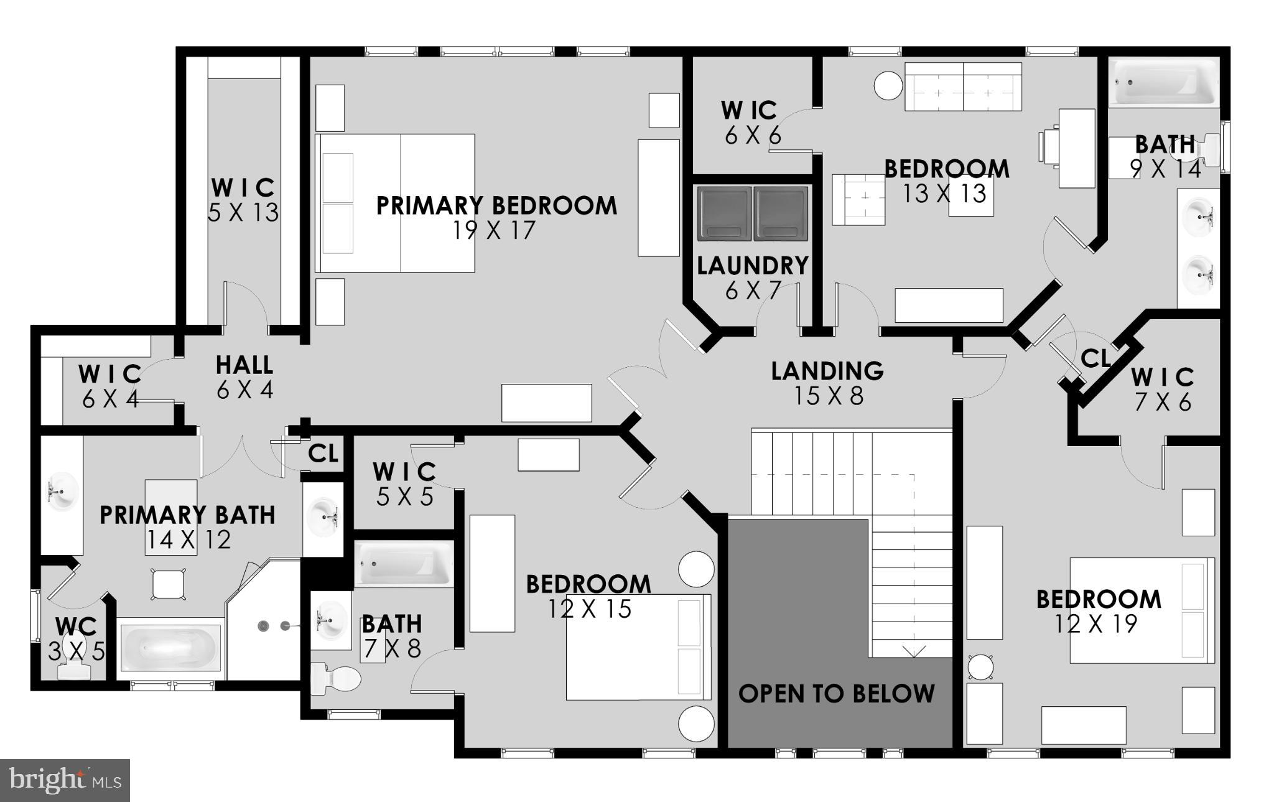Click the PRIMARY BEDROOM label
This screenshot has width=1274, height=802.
[x=496, y=205]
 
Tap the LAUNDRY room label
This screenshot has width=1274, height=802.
[x=752, y=266]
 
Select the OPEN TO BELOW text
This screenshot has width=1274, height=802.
[x=836, y=694]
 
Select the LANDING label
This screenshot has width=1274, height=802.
[x=827, y=371]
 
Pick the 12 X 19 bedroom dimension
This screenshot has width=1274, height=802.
[x=1096, y=624]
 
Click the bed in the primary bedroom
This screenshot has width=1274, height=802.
[x=396, y=203]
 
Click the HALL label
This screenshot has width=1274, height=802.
[x=244, y=365]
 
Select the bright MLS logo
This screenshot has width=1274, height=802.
[x=65, y=780]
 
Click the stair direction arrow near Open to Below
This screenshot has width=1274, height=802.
[x=914, y=651]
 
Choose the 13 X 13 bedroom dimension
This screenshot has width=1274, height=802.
[x=944, y=194]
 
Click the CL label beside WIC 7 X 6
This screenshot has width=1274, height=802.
[x=1095, y=358]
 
